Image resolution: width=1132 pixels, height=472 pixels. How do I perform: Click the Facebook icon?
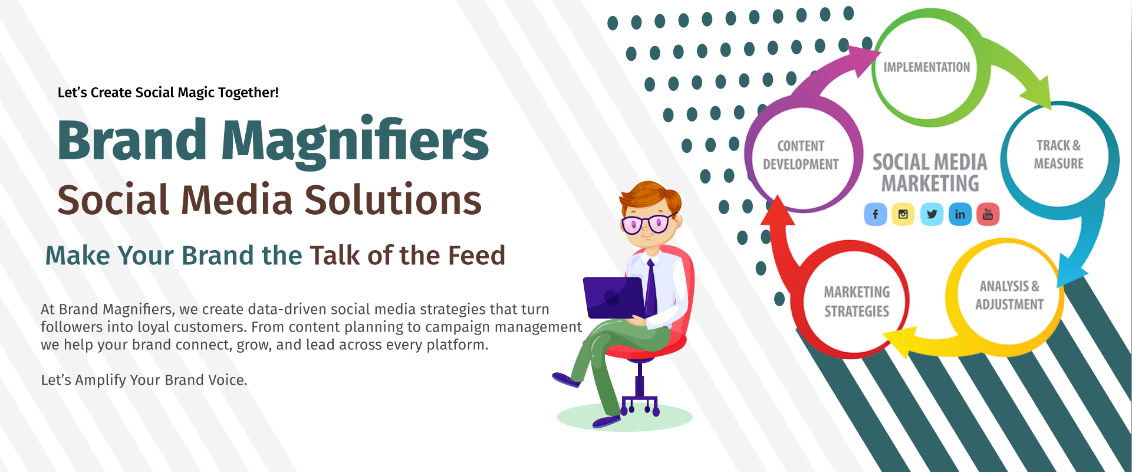(x=876, y=214)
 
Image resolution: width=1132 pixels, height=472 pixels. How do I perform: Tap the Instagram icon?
(x=903, y=214)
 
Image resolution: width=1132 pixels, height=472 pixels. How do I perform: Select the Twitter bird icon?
(x=932, y=214)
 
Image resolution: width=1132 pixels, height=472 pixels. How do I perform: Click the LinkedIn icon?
(x=960, y=214)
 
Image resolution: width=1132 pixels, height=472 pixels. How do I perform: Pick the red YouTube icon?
(x=988, y=214)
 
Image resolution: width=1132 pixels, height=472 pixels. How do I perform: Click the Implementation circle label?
(x=926, y=67)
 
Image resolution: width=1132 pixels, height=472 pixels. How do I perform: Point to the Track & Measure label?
(x=1059, y=154)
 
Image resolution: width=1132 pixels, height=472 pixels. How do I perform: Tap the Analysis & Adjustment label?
(x=1009, y=295)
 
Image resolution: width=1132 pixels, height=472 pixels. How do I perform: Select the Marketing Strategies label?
(x=857, y=301)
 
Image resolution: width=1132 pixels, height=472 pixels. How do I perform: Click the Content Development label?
(x=801, y=155)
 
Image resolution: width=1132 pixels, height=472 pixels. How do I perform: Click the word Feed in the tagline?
(x=476, y=255)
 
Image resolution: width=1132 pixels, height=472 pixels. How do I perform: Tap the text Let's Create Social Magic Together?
(x=168, y=93)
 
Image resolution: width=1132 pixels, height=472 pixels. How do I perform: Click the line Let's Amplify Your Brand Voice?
(x=144, y=380)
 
